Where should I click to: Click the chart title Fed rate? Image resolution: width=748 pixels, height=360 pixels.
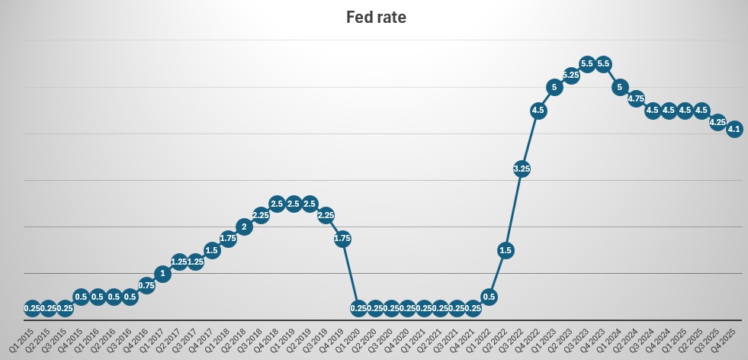pyautogui.click(x=376, y=17)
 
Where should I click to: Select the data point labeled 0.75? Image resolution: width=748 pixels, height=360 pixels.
pyautogui.click(x=146, y=285)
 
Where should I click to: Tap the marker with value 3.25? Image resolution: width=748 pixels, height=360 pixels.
pyautogui.click(x=522, y=169)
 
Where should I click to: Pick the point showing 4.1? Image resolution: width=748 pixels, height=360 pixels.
pyautogui.click(x=734, y=129)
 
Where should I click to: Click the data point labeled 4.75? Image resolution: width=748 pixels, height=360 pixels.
pyautogui.click(x=636, y=98)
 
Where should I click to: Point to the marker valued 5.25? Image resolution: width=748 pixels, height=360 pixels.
pyautogui.click(x=570, y=75)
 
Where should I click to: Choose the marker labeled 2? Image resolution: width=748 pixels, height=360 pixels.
pyautogui.click(x=244, y=227)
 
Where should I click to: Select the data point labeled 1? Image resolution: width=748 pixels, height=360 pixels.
pyautogui.click(x=162, y=273)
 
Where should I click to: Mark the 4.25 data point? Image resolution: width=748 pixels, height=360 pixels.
pyautogui.click(x=718, y=122)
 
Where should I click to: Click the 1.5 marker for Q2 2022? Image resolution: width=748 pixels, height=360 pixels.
pyautogui.click(x=505, y=249)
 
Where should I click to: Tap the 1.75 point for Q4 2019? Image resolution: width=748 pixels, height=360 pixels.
pyautogui.click(x=342, y=238)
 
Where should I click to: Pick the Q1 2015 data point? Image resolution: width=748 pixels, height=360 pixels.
pyautogui.click(x=32, y=308)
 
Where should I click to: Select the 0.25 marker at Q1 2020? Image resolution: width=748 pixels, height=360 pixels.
pyautogui.click(x=358, y=308)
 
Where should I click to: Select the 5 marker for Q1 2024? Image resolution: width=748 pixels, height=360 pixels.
pyautogui.click(x=619, y=87)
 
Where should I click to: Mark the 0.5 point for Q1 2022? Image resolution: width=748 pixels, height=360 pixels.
pyautogui.click(x=489, y=297)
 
